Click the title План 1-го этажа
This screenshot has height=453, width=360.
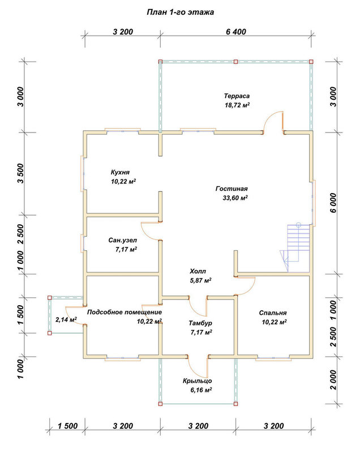click(181, 12)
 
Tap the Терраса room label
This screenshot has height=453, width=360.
click(237, 96)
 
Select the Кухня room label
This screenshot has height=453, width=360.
click(120, 172)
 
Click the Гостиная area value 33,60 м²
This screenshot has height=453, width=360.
click(235, 198)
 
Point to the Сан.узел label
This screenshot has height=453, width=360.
click(123, 240)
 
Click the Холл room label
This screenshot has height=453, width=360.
click(198, 271)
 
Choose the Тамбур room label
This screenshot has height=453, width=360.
click(200, 323)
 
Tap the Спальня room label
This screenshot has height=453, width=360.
click(273, 313)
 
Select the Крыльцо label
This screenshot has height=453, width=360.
click(197, 381)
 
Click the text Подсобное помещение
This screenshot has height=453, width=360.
click(125, 313)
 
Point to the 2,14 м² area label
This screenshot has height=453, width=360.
click(66, 319)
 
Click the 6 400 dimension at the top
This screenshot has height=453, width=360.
click(236, 32)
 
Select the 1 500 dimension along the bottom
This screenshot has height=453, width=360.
click(67, 426)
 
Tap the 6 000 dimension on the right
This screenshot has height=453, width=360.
click(333, 203)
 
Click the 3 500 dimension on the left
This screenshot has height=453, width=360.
click(20, 173)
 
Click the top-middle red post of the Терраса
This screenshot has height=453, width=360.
click(235, 62)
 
